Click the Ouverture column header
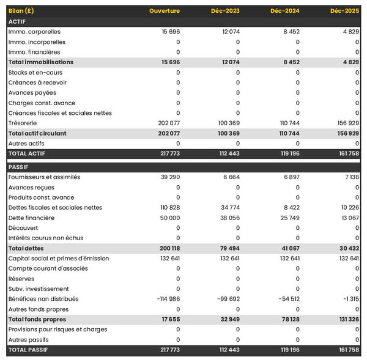pyautogui.click(x=165, y=11)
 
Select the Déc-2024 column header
pyautogui.click(x=284, y=11)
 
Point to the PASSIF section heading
pyautogui.click(x=19, y=167)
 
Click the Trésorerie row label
pyautogui.click(x=23, y=123)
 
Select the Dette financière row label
pyautogui.click(x=31, y=218)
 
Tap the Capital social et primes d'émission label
pyautogui.click(x=59, y=259)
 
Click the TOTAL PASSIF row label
pyautogui.click(x=28, y=350)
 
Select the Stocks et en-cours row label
pyautogui.click(x=35, y=73)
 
